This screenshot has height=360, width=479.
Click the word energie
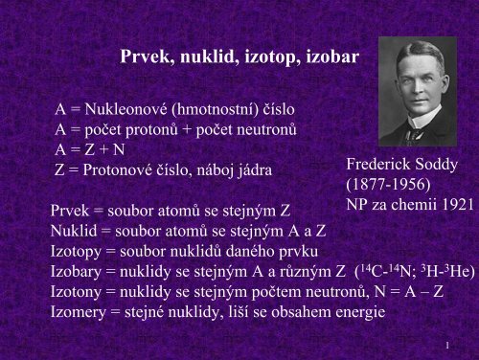pyautogui.click(x=354, y=311)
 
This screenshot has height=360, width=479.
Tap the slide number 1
pyautogui.click(x=448, y=342)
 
